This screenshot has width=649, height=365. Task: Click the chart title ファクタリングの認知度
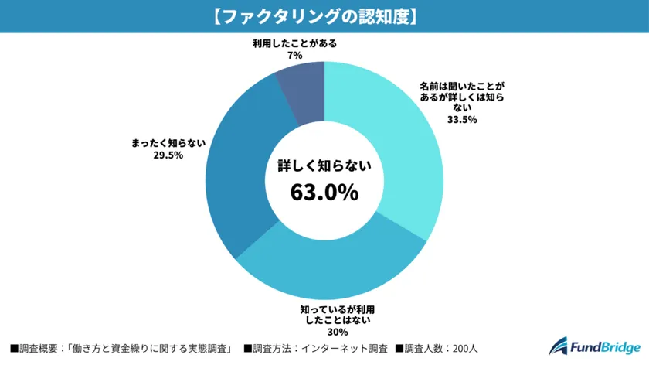[x=324, y=16]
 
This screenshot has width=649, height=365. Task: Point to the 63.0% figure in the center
[x=324, y=191]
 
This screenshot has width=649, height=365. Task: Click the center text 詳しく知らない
[x=324, y=165]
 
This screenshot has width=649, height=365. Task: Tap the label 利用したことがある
[x=294, y=43]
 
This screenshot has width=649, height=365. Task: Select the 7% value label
[x=294, y=56]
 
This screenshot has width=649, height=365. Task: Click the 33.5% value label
[x=462, y=120]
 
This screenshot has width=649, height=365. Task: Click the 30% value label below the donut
[x=331, y=333]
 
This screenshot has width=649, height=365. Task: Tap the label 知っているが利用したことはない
[x=331, y=316]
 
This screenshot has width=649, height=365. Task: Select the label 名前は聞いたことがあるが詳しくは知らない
[x=462, y=97]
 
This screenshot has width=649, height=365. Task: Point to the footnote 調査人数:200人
[x=437, y=349]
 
